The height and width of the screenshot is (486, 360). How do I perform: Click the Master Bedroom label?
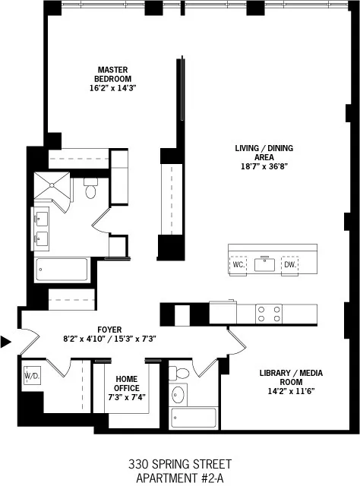[113, 73]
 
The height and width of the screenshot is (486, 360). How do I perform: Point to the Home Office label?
[127, 383]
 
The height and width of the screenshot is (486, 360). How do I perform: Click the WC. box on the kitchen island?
[238, 265]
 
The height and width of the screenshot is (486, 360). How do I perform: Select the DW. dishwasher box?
[289, 265]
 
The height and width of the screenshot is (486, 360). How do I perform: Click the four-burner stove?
[270, 314]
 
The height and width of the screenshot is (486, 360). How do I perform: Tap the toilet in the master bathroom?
[92, 189]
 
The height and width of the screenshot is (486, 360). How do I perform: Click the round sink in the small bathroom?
[180, 395]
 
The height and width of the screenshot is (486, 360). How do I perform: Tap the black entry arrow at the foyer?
[6, 342]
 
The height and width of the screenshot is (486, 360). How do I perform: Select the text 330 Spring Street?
[180, 463]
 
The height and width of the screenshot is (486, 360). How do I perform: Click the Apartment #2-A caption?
[180, 478]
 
